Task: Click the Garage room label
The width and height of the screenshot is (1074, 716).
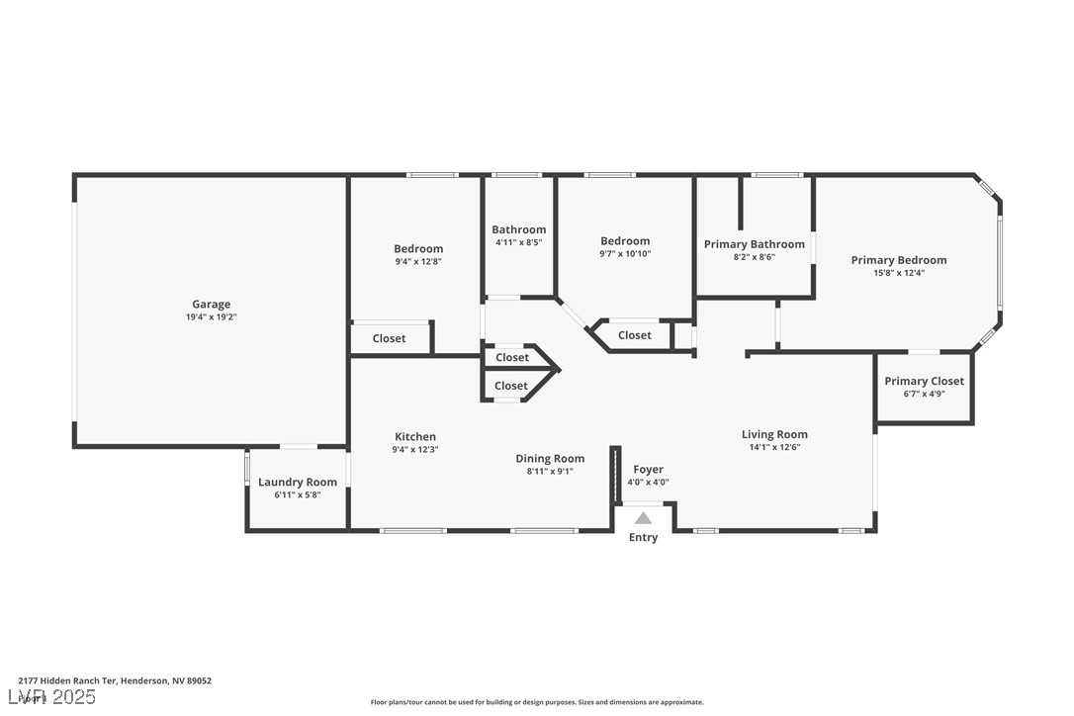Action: [x=211, y=305]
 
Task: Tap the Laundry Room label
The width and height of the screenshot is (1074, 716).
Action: [x=298, y=483]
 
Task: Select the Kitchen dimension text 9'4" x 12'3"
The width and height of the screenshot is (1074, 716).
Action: [x=415, y=449]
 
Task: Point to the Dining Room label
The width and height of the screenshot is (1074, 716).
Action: [x=550, y=458]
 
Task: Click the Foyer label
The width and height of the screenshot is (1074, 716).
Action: [x=648, y=470]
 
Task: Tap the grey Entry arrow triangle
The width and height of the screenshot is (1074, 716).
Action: [x=643, y=518]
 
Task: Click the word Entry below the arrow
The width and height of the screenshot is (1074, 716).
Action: [x=643, y=537]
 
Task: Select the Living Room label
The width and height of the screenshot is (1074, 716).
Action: [x=774, y=434]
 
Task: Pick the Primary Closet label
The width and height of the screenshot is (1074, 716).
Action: [x=924, y=381]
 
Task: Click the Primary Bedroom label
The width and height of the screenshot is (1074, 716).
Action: [x=899, y=260]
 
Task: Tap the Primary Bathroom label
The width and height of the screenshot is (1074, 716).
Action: [x=755, y=244]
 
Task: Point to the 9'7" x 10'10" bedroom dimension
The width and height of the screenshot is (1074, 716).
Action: [x=625, y=253]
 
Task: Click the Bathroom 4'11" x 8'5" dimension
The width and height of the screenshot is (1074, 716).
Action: [x=518, y=242]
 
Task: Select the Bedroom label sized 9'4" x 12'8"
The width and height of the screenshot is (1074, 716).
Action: [x=417, y=248]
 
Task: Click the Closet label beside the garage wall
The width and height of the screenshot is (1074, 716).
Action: [x=389, y=338]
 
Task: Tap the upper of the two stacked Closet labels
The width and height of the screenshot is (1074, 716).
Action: [x=512, y=358]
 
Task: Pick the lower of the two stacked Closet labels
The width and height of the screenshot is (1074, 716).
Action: [x=511, y=386]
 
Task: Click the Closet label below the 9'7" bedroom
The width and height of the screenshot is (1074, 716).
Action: [x=634, y=335]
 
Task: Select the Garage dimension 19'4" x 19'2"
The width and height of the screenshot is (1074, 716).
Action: [x=211, y=317]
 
